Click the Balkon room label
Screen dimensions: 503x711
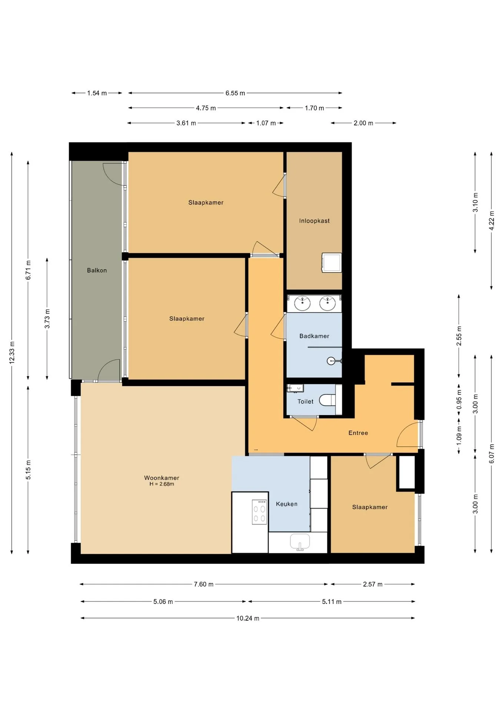point(97,270)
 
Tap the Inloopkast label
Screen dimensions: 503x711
point(314,221)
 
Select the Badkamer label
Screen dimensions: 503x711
point(314,336)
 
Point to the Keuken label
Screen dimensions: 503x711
point(286,504)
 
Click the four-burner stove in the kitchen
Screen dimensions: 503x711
point(259,512)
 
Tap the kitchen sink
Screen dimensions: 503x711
point(300,542)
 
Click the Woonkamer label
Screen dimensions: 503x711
point(161,478)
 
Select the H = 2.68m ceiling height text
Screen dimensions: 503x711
point(161,484)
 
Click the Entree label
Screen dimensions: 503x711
point(358,433)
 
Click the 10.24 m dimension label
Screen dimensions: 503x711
point(248,618)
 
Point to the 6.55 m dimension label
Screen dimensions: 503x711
point(235,93)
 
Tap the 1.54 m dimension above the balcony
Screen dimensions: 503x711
point(97,93)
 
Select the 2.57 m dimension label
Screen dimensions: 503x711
point(373,584)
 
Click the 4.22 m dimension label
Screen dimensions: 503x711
point(492,221)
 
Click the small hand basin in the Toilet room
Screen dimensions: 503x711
point(295,388)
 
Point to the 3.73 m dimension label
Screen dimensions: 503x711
point(47,318)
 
